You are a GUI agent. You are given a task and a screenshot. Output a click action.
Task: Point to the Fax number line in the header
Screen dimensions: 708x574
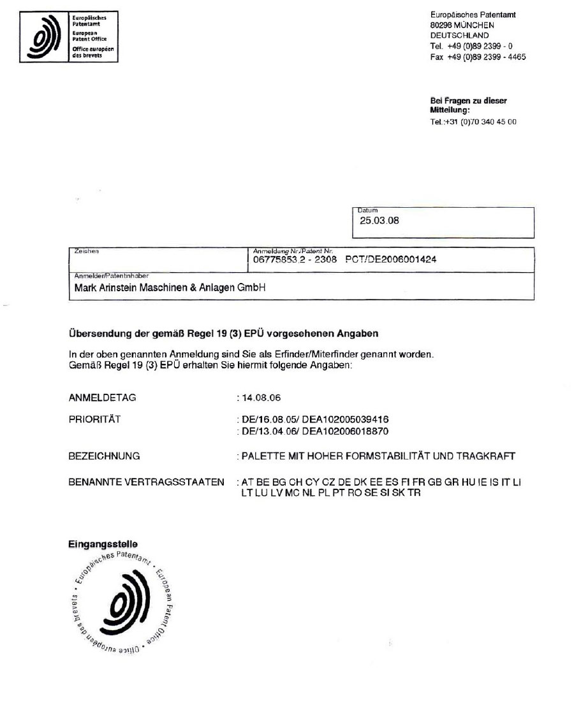[x=478, y=57]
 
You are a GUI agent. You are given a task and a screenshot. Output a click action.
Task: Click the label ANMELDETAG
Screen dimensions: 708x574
[x=102, y=398]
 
